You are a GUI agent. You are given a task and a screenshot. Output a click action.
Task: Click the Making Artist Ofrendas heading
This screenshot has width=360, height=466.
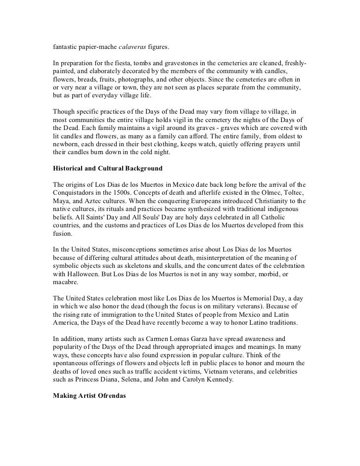pyautogui.click(x=90, y=382)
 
